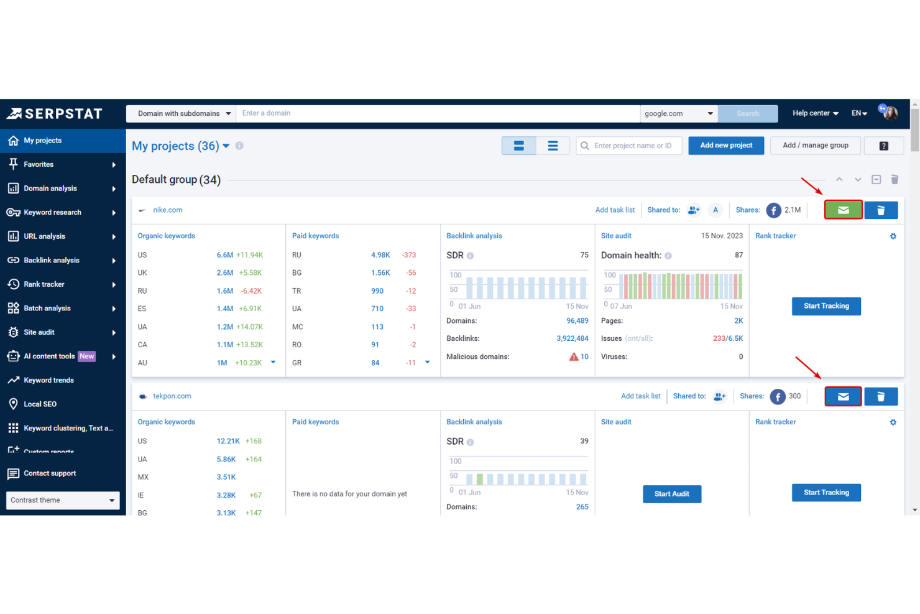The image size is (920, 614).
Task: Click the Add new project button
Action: [725, 146]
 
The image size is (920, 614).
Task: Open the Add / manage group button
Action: [815, 146]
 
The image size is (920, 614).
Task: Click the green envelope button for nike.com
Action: [843, 210]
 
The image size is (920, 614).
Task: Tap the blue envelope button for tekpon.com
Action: [843, 396]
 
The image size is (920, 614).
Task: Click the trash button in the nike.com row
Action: [880, 210]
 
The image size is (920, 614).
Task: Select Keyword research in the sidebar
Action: [52, 213]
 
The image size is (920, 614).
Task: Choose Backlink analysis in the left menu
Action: [52, 261]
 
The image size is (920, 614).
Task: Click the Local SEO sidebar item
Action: [40, 404]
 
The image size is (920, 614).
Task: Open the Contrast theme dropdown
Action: [62, 500]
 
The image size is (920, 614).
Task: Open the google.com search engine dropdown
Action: [678, 114]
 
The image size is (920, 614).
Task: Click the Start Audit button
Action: [671, 494]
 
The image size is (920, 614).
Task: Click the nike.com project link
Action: [168, 210]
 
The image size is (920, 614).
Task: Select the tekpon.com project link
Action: [172, 396]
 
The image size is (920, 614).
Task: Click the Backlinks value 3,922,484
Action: [572, 339]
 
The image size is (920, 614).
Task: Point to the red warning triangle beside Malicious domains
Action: [573, 357]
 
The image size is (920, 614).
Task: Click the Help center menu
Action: [815, 113]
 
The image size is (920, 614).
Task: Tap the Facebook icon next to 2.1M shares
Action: [773, 211]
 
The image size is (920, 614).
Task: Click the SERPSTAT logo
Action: [55, 114]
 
